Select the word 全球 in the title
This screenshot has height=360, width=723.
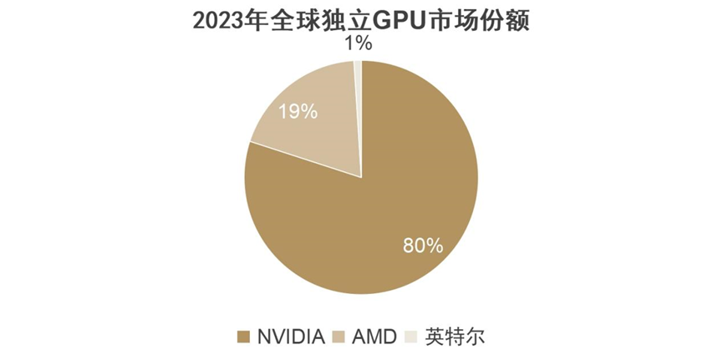298,20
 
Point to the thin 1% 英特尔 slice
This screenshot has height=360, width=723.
358,84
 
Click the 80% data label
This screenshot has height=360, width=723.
422,246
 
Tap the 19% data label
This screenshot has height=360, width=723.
298,111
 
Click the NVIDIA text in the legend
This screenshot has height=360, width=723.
290,337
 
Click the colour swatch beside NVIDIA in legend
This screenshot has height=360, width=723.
244,337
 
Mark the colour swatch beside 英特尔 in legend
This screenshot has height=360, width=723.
410,337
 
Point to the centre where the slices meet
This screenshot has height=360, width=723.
362,177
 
